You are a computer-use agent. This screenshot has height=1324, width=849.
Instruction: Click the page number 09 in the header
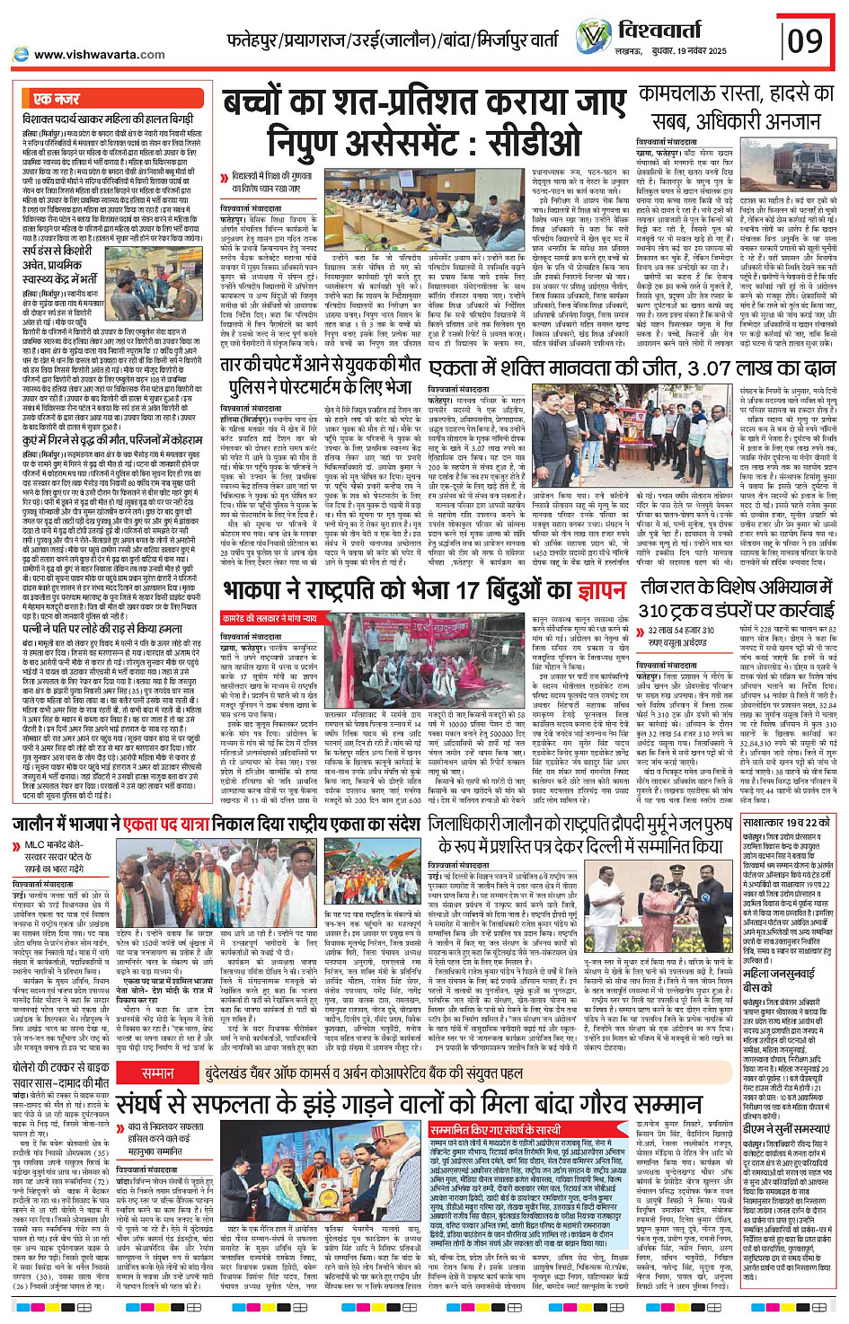805,41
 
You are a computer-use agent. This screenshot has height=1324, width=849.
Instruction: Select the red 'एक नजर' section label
57,99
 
